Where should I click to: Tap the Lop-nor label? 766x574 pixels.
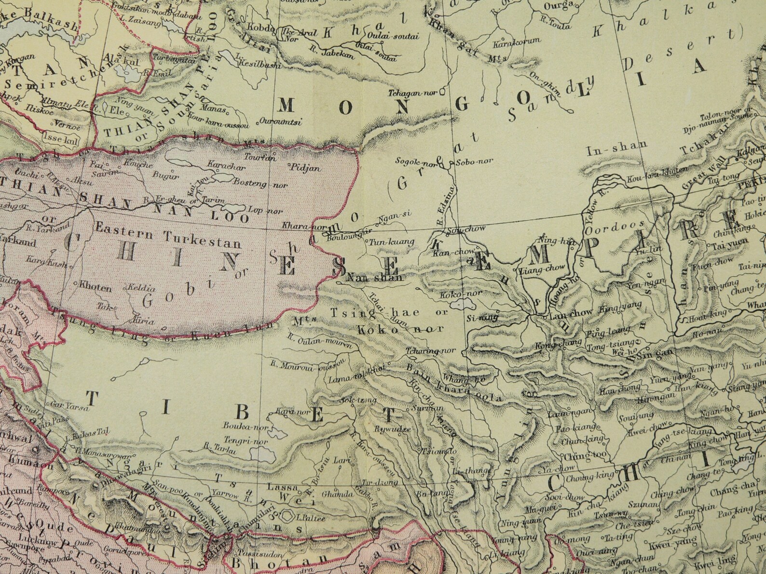click(x=258, y=210)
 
